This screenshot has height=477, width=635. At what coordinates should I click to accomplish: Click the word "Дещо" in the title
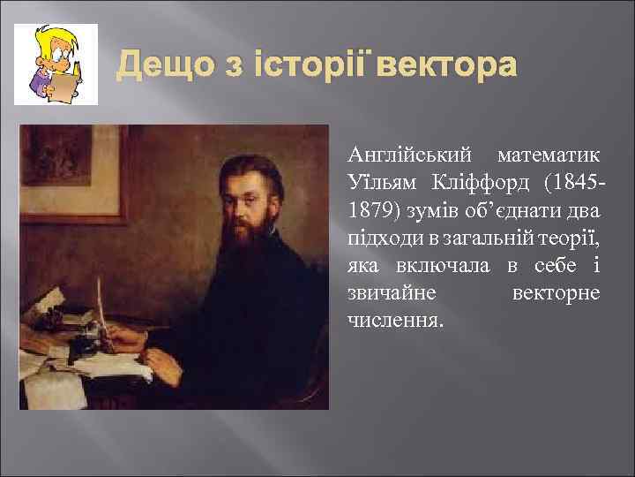pos(158,64)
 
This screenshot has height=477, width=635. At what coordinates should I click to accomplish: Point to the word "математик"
pos(549,155)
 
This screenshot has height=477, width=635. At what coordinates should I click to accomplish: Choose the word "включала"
pos(431,264)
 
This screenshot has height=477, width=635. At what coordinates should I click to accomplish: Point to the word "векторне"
pos(556,291)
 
